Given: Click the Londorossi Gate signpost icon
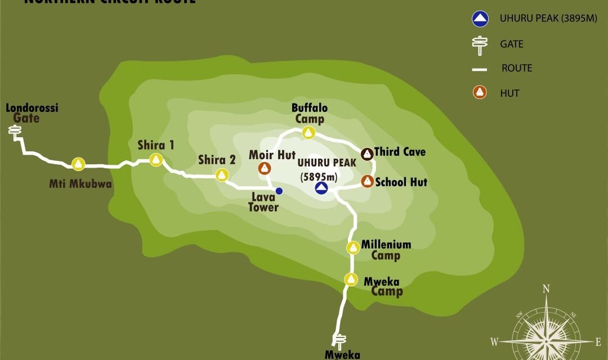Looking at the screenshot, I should (15, 131).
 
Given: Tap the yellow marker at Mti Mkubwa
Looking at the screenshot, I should (78, 164).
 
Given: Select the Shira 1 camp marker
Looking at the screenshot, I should (157, 160).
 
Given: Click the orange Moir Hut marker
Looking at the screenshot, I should (264, 168).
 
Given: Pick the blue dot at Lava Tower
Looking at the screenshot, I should (279, 191).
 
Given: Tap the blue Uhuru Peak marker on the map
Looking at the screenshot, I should (321, 188).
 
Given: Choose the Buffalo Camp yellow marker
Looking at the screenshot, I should (308, 133).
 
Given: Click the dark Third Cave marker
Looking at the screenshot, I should (366, 153).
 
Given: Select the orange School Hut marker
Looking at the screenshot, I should (367, 181).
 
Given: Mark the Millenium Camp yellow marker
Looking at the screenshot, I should (353, 247).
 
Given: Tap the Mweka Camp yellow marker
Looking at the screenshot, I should (351, 279).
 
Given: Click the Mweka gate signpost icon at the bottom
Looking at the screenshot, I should (339, 340).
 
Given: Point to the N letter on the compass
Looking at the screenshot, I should (546, 290).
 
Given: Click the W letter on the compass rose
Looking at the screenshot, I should (494, 341).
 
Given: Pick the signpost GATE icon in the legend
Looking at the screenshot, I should (480, 45).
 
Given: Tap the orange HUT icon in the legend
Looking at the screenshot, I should (480, 92).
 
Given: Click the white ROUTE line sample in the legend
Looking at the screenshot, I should (480, 69).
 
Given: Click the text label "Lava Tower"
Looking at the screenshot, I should (264, 202).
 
